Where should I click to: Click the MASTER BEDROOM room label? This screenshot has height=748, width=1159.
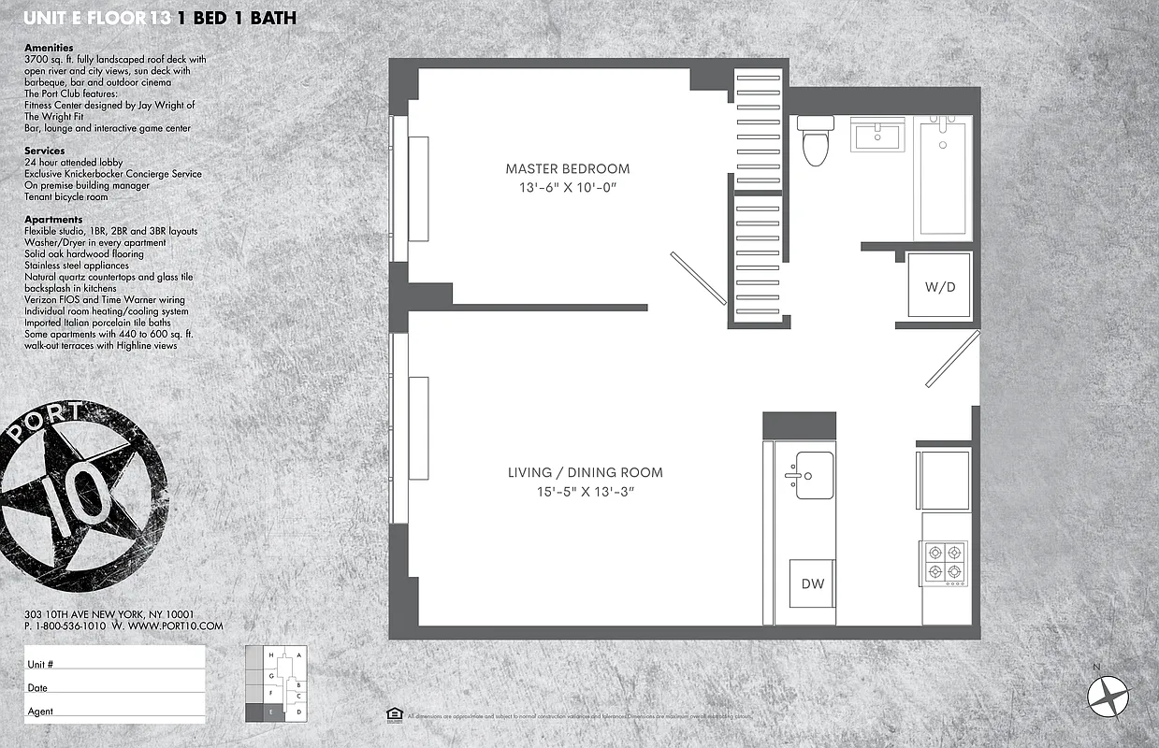(567, 169)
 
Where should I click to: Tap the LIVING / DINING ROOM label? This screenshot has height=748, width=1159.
(585, 472)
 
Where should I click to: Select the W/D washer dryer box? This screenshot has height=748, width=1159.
(940, 286)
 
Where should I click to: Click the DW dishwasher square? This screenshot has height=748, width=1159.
(813, 584)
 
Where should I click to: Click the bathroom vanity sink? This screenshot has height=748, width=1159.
(877, 136)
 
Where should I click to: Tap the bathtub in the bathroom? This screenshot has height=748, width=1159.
(946, 177)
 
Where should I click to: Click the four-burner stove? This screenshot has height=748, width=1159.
(945, 562)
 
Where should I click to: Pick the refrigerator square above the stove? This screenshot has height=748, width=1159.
(944, 480)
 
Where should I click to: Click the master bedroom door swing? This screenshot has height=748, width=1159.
(698, 278)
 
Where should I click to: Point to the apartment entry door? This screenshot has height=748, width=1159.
(952, 359)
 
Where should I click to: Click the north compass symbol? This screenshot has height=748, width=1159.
(1109, 695)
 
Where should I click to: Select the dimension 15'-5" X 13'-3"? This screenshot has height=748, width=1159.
(585, 492)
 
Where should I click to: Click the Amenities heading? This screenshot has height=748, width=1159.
(48, 47)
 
